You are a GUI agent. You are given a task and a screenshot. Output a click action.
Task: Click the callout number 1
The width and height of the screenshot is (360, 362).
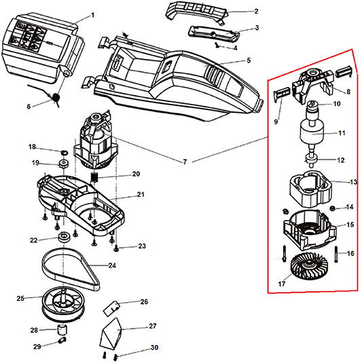click(93, 16)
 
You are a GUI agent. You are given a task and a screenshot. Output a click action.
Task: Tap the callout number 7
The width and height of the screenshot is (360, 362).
click(185, 162)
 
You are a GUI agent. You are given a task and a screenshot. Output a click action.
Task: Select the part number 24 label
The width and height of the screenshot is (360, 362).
click(112, 266)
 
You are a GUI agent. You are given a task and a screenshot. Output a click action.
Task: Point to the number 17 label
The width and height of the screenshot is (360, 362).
click(281, 284)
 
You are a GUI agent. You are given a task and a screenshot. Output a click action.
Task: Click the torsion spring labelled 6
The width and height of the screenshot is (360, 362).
click(56, 97)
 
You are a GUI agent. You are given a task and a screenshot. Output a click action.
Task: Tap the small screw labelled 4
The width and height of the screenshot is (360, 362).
click(217, 46)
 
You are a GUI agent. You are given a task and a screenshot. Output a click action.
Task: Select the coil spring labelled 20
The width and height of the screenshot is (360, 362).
click(94, 178)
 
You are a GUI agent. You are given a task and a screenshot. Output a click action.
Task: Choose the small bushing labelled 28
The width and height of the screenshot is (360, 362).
click(62, 329)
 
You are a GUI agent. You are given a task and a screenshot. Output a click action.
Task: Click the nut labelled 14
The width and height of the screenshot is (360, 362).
click(332, 209)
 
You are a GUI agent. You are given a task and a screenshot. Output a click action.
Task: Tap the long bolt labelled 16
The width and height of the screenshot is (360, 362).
click(336, 254)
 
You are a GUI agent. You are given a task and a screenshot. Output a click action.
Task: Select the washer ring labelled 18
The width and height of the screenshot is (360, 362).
click(65, 153)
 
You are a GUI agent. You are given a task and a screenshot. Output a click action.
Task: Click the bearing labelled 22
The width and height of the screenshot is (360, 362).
click(62, 237)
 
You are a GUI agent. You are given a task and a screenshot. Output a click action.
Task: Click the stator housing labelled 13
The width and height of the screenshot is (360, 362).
click(310, 189)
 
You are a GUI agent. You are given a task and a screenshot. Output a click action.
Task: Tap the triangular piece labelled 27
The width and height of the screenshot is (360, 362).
click(111, 332)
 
